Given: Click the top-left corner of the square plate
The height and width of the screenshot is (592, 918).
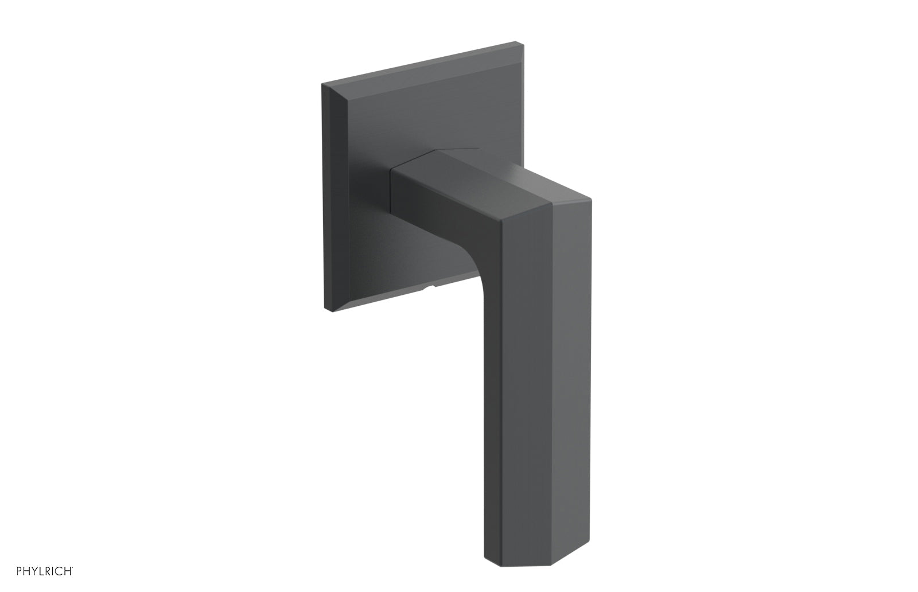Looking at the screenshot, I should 322,84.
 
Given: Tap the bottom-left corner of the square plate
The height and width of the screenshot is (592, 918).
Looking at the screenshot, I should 325,311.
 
